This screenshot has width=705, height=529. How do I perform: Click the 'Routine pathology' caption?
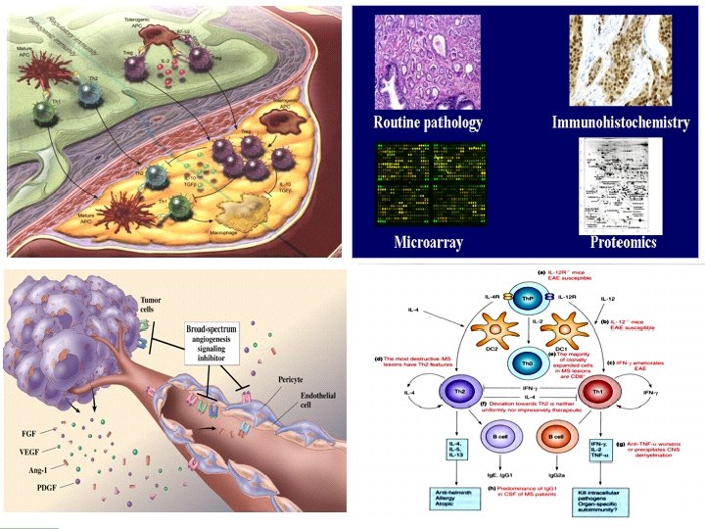pos(428,123)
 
